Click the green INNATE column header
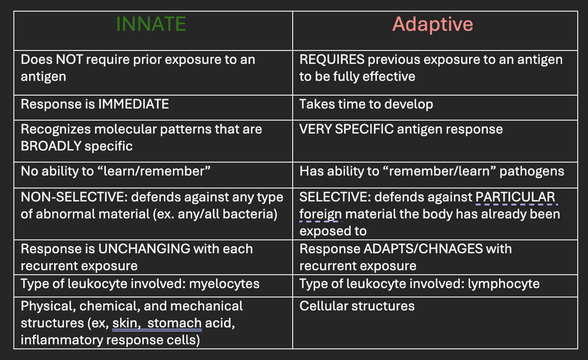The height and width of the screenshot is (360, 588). tap(151, 24)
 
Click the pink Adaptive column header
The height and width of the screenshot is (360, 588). tap(433, 24)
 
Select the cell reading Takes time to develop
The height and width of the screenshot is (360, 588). tap(366, 104)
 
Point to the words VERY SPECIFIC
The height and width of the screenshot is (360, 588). tap(347, 130)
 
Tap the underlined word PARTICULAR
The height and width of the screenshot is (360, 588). tap(515, 197)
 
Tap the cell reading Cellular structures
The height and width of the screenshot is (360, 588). tap(357, 306)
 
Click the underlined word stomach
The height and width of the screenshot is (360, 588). tap(174, 323)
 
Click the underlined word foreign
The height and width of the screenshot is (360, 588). tap(320, 214)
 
